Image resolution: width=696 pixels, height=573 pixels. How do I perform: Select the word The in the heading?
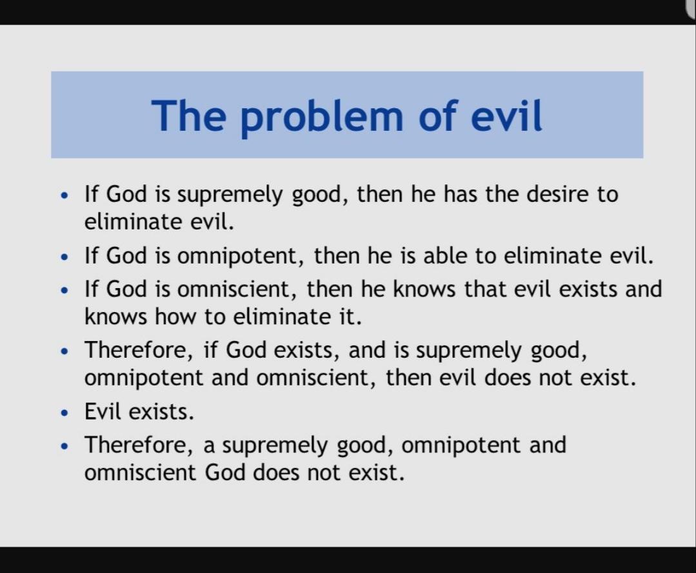click(188, 115)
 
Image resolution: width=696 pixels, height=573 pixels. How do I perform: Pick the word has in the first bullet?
click(461, 194)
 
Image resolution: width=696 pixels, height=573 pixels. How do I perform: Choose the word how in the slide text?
click(175, 316)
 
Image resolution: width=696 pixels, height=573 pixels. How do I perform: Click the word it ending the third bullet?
click(350, 316)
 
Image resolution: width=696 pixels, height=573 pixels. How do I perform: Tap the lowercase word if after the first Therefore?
click(210, 350)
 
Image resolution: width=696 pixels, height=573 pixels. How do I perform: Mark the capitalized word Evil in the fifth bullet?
click(103, 412)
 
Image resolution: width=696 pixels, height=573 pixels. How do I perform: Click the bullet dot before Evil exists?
click(65, 413)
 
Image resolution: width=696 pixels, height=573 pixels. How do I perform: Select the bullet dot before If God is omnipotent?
click(65, 257)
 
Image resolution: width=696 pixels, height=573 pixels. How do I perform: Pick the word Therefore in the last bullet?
click(139, 445)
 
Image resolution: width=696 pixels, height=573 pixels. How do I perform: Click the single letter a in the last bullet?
click(209, 447)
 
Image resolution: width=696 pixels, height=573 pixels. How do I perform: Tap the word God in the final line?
click(225, 472)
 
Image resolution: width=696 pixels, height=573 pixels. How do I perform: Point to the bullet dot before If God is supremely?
click(65, 195)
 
